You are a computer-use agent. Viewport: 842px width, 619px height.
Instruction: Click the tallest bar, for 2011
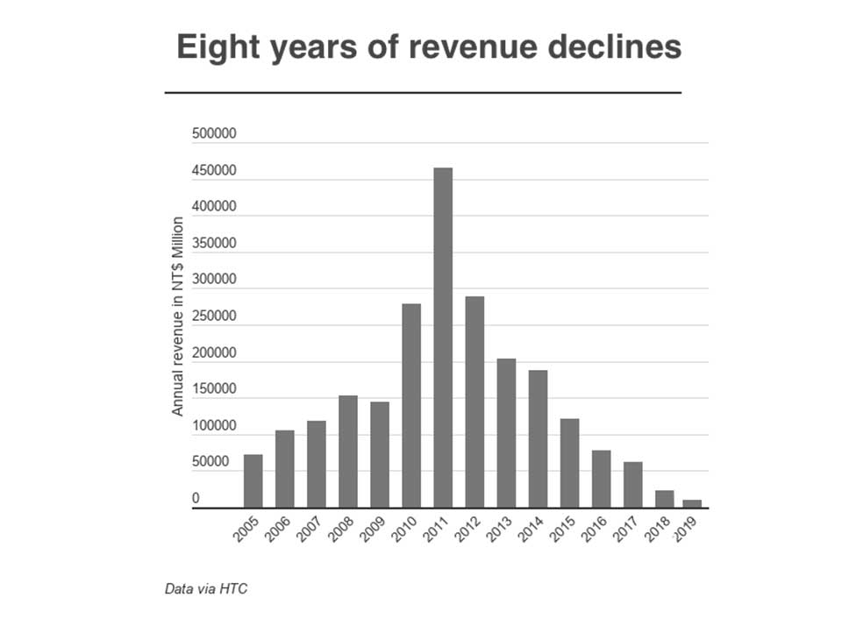443,338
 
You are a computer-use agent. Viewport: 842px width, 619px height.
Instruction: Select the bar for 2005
253,480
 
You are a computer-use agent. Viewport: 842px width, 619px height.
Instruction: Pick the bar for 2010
411,405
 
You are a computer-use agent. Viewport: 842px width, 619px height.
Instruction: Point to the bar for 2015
569,463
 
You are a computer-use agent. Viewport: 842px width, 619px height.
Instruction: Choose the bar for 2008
348,452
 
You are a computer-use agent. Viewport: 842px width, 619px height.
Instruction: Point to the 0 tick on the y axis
196,498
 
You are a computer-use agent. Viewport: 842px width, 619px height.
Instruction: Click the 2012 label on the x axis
468,529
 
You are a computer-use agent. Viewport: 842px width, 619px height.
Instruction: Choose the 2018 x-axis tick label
658,529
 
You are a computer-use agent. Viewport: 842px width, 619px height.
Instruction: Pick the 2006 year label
279,529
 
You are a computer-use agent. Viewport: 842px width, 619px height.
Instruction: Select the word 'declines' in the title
618,47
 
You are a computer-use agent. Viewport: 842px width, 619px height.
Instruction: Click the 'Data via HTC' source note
206,588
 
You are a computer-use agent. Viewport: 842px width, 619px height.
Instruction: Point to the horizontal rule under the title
423,92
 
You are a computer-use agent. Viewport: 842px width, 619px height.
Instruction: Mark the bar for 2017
632,485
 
